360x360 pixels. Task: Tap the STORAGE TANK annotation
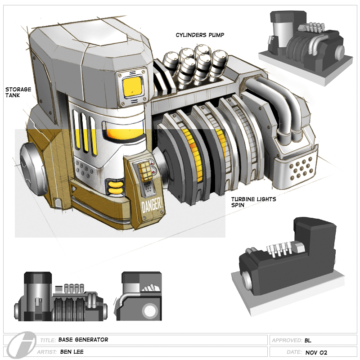[18, 92]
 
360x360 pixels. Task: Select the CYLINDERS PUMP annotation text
[200, 35]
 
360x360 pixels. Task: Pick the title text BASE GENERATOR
[83, 340]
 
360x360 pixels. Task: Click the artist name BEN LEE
[72, 352]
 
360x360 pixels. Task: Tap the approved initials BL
[308, 340]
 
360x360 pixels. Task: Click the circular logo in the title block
[18, 346]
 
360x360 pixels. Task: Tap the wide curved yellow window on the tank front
[124, 131]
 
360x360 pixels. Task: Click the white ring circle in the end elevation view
[149, 310]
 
